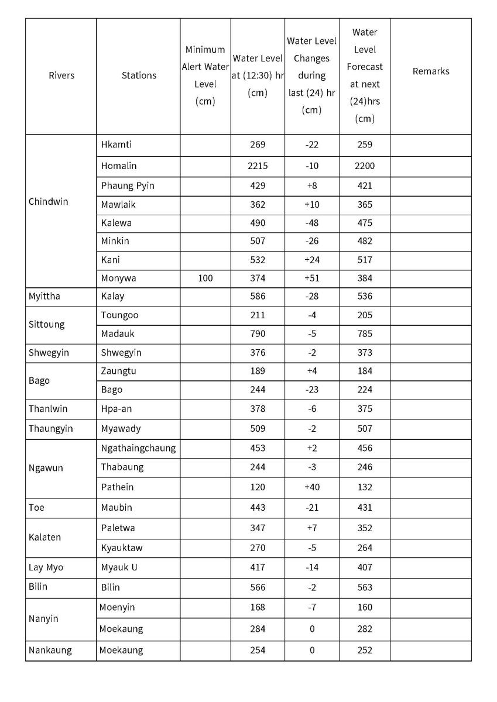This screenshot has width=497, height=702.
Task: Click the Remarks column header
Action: click(x=431, y=71)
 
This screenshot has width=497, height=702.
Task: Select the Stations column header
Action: click(x=139, y=75)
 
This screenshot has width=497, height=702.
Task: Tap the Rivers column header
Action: click(x=61, y=75)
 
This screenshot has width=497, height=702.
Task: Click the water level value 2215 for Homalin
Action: click(x=258, y=166)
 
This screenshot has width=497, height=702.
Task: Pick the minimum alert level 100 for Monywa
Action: click(x=205, y=278)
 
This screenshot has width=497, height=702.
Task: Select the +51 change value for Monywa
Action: click(x=312, y=278)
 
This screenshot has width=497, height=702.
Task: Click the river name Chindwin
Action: click(x=48, y=202)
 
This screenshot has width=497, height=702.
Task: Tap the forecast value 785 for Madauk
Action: click(x=365, y=334)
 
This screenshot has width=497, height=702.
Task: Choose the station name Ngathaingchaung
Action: click(x=138, y=449)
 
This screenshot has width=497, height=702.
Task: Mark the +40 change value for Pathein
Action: click(x=312, y=487)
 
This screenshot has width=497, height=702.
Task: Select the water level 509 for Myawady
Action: click(x=258, y=429)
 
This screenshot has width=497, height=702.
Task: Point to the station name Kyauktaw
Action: click(x=122, y=548)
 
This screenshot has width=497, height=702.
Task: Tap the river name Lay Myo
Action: click(x=46, y=567)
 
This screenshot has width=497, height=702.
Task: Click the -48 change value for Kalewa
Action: click(x=312, y=223)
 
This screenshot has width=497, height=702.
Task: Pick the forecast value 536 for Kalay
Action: click(x=365, y=297)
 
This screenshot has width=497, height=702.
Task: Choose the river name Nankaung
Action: click(x=50, y=651)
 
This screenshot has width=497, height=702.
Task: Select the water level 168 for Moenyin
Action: click(x=258, y=608)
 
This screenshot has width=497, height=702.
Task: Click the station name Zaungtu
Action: click(x=118, y=371)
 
